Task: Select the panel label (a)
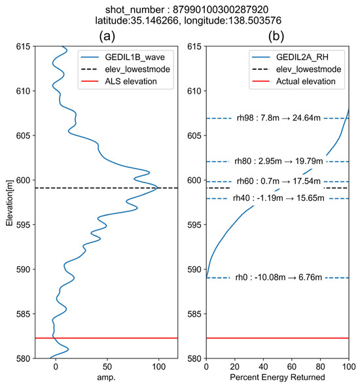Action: pyautogui.click(x=106, y=36)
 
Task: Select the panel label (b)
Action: pyautogui.click(x=278, y=36)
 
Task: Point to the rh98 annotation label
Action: pyautogui.click(x=278, y=118)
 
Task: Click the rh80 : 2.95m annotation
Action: pyautogui.click(x=278, y=161)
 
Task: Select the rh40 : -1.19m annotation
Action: pyautogui.click(x=278, y=198)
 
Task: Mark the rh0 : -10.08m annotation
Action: pyautogui.click(x=278, y=278)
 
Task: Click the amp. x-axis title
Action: pyautogui.click(x=106, y=379)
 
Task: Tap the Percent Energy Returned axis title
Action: pyautogui.click(x=278, y=379)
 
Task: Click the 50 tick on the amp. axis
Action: pyautogui.click(x=107, y=366)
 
